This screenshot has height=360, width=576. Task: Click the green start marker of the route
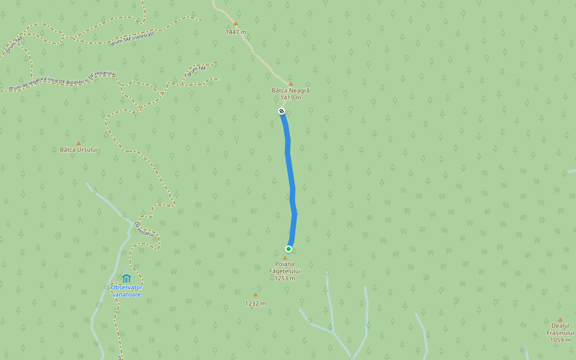point(289,249)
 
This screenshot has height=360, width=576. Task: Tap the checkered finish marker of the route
point(281,111)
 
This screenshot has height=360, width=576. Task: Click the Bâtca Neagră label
point(290,91)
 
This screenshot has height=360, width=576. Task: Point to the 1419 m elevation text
point(290,97)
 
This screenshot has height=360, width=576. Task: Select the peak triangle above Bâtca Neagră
point(291,84)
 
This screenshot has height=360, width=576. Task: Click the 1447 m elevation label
point(236,32)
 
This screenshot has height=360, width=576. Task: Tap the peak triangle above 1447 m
point(235,24)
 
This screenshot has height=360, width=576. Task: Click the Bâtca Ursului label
point(79,149)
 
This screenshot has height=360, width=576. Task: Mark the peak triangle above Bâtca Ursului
point(78,143)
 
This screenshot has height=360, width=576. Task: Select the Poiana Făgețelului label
point(285,268)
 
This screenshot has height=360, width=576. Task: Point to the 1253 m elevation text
point(285,278)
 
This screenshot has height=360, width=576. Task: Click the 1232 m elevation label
point(255,303)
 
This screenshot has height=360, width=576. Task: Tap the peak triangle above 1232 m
point(255,295)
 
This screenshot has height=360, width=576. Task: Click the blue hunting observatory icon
point(126,278)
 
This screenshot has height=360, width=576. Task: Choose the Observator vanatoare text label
point(126,290)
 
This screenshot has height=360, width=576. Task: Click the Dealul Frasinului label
point(560,329)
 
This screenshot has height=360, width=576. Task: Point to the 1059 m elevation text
point(560,340)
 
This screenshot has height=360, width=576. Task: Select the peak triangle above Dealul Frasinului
point(560,320)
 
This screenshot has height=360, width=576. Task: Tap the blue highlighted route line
point(290,180)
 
